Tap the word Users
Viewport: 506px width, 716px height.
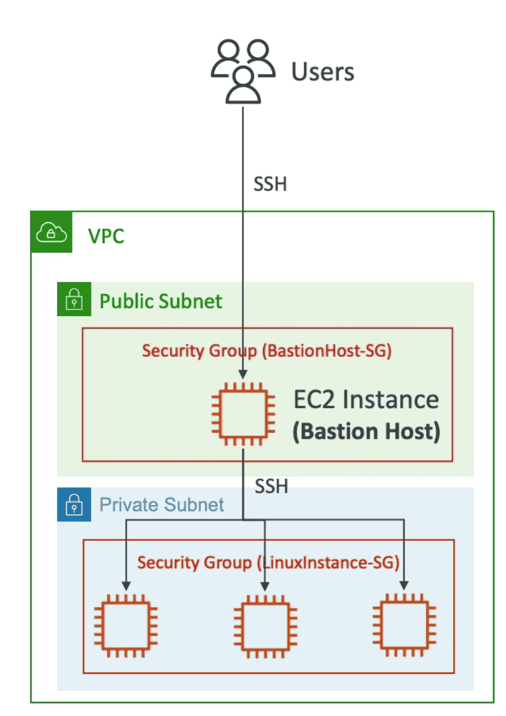322,72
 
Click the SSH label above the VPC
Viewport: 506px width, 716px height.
270,184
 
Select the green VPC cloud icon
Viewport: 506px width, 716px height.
52,232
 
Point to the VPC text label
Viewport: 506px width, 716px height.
106,237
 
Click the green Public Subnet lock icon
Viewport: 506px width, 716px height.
74,299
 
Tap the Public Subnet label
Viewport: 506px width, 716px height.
161,301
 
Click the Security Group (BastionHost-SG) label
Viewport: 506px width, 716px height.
267,351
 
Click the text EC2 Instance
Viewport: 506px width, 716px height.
366,400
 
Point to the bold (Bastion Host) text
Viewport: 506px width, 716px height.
366,431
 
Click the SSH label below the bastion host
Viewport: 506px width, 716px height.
271,486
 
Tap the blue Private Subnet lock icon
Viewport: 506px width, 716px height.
74,505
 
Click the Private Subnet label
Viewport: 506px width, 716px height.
162,505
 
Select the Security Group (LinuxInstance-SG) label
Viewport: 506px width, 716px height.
268,563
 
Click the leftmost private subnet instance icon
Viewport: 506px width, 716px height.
126,626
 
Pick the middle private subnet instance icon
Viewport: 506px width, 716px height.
265,626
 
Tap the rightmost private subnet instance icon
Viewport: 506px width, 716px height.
404,626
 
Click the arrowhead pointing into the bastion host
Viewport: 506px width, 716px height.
243,374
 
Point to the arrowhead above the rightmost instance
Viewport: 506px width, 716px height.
404,586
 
